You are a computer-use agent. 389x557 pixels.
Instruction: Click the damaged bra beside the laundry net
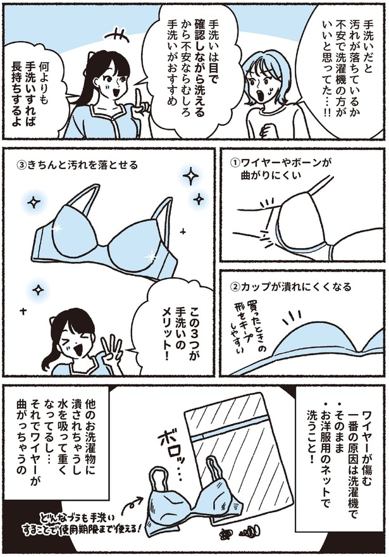[x=193, y=506]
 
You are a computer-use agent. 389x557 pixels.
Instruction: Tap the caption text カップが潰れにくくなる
[x=297, y=286]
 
